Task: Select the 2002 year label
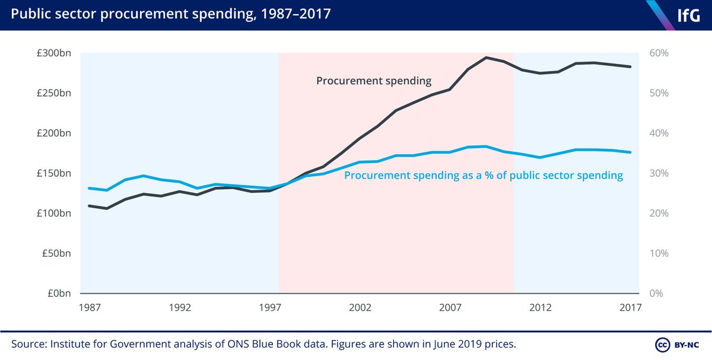[x=360, y=308]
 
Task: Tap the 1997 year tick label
[x=270, y=308]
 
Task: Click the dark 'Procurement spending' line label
[x=373, y=81]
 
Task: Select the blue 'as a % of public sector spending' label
[x=484, y=176]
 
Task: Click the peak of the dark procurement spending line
[x=487, y=58]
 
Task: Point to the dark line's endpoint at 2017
[x=630, y=66]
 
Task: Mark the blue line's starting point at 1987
[x=89, y=188]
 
